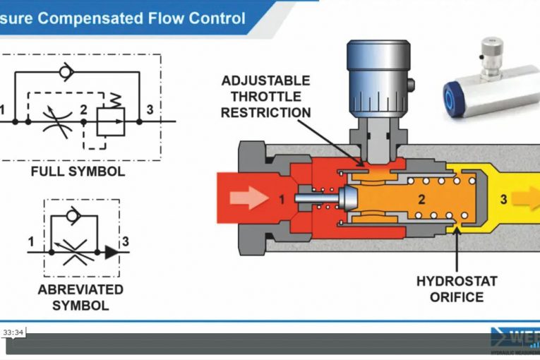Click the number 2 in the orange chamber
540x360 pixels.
click(421, 200)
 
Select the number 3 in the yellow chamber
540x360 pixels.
click(503, 200)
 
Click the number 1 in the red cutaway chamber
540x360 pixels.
click(282, 200)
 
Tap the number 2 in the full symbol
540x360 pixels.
click(83, 109)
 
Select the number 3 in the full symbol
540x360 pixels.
click(149, 109)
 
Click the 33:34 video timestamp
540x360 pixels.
click(13, 332)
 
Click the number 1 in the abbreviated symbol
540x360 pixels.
click(31, 242)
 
